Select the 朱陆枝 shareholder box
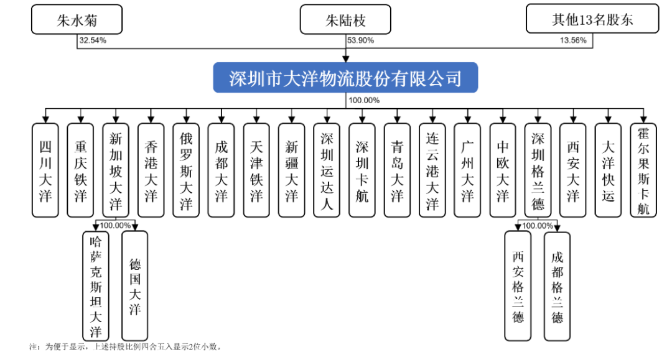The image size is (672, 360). (345, 20)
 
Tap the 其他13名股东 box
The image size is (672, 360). (592, 20)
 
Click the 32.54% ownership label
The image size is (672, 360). (92, 40)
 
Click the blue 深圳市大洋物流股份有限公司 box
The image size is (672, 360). (345, 78)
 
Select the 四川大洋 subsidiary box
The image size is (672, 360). (45, 170)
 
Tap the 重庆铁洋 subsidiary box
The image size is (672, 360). (80, 170)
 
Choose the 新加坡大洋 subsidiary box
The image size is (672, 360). (116, 170)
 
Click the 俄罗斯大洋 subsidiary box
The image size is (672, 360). (186, 170)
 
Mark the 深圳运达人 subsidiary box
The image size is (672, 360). (327, 170)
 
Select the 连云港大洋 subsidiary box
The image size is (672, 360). (432, 170)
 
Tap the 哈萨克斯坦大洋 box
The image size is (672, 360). (96, 286)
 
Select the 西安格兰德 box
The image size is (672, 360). (518, 286)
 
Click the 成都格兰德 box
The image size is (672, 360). (558, 286)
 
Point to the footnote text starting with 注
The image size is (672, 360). (124, 346)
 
